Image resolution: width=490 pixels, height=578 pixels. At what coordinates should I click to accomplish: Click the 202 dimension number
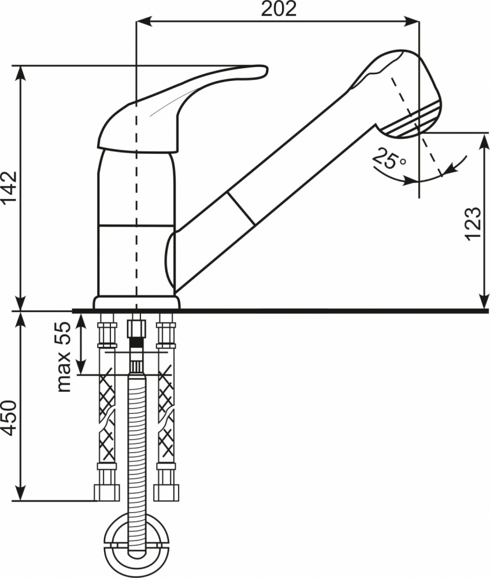pyautogui.click(x=279, y=9)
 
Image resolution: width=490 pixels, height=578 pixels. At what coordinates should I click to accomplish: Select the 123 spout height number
pyautogui.click(x=473, y=224)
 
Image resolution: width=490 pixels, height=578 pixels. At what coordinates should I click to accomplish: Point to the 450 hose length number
pyautogui.click(x=9, y=417)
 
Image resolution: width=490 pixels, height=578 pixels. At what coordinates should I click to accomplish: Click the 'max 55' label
pyautogui.click(x=64, y=357)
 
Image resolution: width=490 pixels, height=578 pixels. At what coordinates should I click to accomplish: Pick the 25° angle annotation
pyautogui.click(x=389, y=159)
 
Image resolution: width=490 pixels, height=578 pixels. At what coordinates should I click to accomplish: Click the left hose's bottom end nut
pyautogui.click(x=107, y=492)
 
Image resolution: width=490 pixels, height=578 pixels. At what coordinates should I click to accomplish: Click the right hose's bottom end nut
pyautogui.click(x=166, y=492)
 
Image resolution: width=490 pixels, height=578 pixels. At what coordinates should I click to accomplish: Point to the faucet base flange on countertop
pyautogui.click(x=137, y=302)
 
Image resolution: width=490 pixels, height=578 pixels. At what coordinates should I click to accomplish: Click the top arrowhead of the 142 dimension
pyautogui.click(x=21, y=73)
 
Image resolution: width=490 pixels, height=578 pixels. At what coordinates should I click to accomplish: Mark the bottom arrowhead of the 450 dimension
pyautogui.click(x=21, y=493)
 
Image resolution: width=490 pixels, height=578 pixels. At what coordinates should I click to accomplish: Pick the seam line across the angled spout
pyautogui.click(x=242, y=208)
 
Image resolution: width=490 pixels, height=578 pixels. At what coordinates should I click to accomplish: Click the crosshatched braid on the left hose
pyautogui.click(x=107, y=417)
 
